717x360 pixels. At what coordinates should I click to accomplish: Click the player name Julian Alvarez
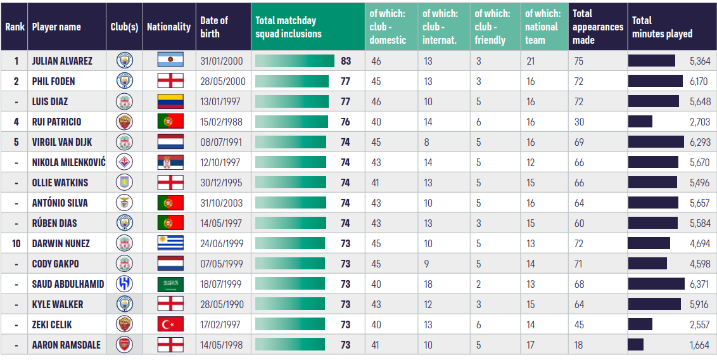pyautogui.click(x=62, y=61)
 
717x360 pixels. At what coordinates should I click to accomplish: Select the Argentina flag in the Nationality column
pyautogui.click(x=170, y=60)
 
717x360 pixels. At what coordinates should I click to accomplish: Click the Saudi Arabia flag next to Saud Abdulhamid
pyautogui.click(x=170, y=284)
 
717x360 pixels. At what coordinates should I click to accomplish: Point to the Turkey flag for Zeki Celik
pyautogui.click(x=170, y=325)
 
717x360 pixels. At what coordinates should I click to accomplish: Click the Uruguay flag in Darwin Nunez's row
pyautogui.click(x=170, y=243)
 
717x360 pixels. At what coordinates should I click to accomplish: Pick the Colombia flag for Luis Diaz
pyautogui.click(x=170, y=101)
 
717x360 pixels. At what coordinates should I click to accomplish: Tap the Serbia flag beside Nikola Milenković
pyautogui.click(x=170, y=162)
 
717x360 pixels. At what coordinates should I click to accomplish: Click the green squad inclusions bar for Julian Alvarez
pyautogui.click(x=295, y=61)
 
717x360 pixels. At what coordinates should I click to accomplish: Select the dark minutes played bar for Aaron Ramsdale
pyautogui.click(x=636, y=345)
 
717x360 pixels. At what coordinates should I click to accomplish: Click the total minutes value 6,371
pyautogui.click(x=700, y=284)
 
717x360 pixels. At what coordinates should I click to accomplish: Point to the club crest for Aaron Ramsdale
pyautogui.click(x=125, y=345)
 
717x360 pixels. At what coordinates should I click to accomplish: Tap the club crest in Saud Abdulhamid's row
pyautogui.click(x=125, y=284)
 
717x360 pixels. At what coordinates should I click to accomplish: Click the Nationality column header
pyautogui.click(x=168, y=27)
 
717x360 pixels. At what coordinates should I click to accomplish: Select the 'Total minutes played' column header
pyautogui.click(x=662, y=27)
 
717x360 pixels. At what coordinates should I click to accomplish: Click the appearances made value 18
pyautogui.click(x=579, y=345)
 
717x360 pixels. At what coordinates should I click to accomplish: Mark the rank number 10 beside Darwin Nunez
pyautogui.click(x=16, y=243)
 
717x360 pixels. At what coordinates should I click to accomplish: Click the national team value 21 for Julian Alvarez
pyautogui.click(x=530, y=61)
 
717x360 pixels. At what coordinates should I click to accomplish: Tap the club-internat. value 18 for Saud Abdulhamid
pyautogui.click(x=428, y=284)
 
